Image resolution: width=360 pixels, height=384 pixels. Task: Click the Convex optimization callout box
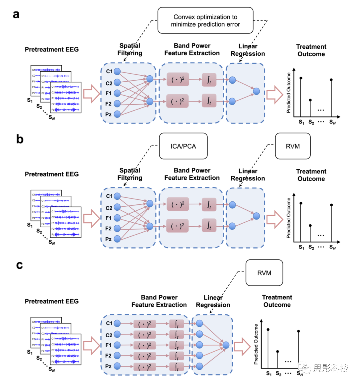205,21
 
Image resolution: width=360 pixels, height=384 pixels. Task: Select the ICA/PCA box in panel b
183,146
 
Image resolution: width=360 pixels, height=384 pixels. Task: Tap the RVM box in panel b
293,146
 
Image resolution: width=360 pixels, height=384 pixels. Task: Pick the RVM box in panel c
264,273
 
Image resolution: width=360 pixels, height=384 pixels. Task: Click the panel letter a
16,14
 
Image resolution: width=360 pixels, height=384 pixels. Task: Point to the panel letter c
19,265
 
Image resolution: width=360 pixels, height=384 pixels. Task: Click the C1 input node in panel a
117,71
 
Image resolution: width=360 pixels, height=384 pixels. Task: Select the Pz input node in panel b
117,239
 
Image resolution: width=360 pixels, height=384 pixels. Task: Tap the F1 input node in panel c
117,345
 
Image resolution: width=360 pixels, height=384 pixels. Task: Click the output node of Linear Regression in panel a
256,91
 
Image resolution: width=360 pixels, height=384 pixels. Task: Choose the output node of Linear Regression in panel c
226,345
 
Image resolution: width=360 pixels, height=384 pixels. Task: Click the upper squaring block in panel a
178,80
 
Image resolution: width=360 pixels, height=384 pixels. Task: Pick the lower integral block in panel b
209,226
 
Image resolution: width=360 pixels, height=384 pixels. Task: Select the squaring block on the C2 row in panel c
145,334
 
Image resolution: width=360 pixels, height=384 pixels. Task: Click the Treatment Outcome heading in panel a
311,50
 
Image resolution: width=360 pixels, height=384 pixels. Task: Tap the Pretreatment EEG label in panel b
52,174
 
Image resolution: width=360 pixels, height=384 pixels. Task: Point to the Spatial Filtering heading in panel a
130,49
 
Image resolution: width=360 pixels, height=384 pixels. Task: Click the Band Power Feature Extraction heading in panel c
159,301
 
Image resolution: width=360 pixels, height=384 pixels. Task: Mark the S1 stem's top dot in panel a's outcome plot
301,78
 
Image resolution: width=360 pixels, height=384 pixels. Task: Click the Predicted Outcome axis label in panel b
289,218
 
